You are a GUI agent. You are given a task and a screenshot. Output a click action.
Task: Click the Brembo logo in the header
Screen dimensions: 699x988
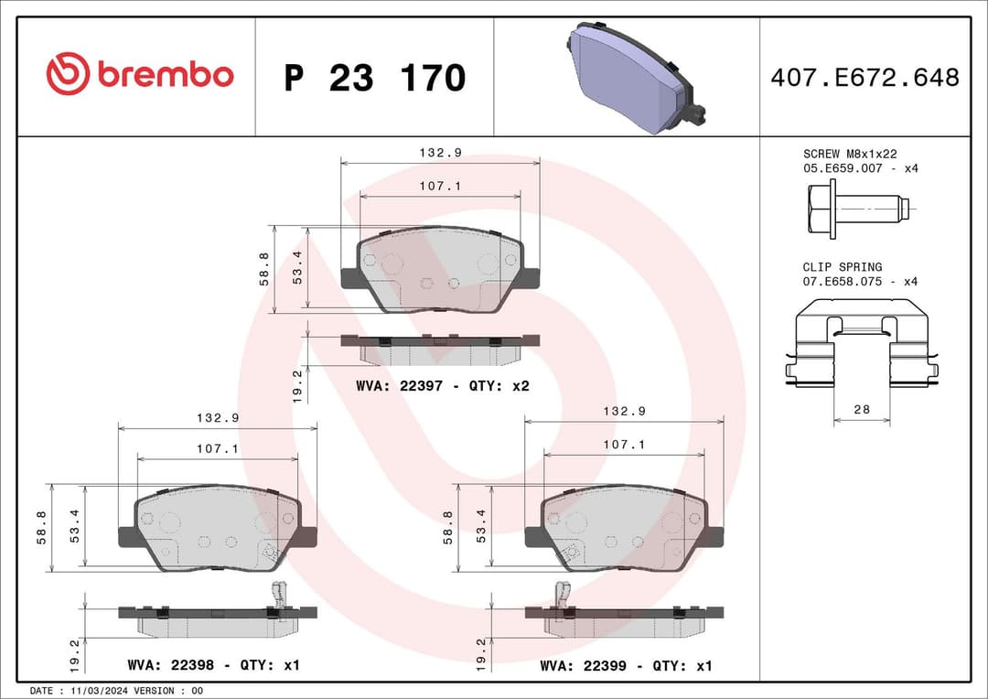click(139, 75)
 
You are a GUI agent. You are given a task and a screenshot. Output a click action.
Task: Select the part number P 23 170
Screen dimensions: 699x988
click(374, 78)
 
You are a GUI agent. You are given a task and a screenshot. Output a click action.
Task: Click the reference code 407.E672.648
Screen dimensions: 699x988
click(864, 78)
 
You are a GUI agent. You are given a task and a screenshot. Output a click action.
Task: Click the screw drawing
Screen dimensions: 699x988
click(857, 209)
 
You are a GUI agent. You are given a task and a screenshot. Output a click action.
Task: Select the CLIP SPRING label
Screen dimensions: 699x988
click(843, 267)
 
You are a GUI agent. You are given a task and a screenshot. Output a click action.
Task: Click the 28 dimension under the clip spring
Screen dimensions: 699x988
click(862, 409)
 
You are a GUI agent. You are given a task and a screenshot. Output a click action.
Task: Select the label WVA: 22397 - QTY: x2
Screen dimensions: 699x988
click(443, 386)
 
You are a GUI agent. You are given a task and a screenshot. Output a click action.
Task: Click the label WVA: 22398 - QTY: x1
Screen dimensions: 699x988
click(214, 665)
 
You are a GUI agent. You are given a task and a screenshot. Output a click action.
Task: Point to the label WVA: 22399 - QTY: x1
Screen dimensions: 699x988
click(626, 665)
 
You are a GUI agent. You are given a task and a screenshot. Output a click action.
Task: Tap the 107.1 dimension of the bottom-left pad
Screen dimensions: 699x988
click(218, 449)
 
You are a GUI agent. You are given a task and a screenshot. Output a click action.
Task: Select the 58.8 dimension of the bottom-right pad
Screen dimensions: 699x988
click(447, 528)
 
